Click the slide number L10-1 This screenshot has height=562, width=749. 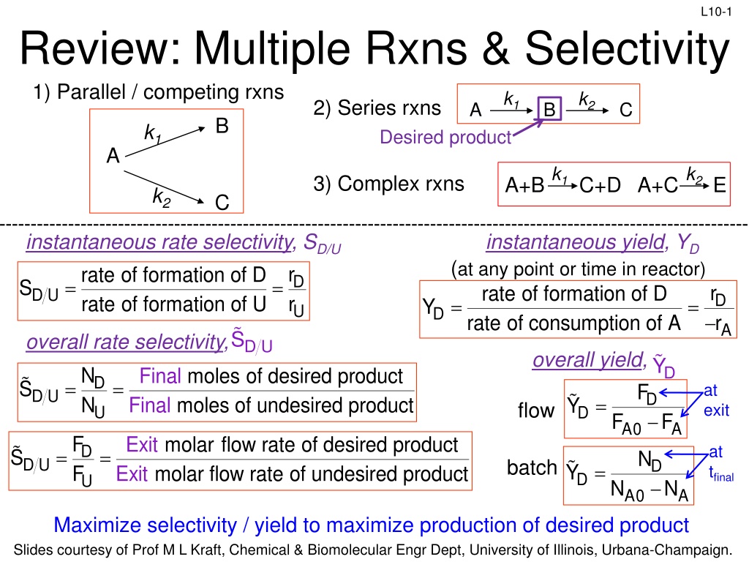coord(715,10)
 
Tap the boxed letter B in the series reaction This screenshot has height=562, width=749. coord(549,110)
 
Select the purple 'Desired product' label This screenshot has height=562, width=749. coord(445,137)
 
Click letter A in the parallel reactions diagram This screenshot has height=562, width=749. coord(112,156)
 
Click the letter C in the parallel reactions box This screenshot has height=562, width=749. coord(222,202)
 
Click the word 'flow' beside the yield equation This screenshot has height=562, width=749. coord(535,411)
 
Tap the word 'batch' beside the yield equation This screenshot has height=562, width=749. coord(532,467)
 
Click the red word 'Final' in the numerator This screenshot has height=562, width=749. coord(161,376)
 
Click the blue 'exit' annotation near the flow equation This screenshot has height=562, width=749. coord(716,411)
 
